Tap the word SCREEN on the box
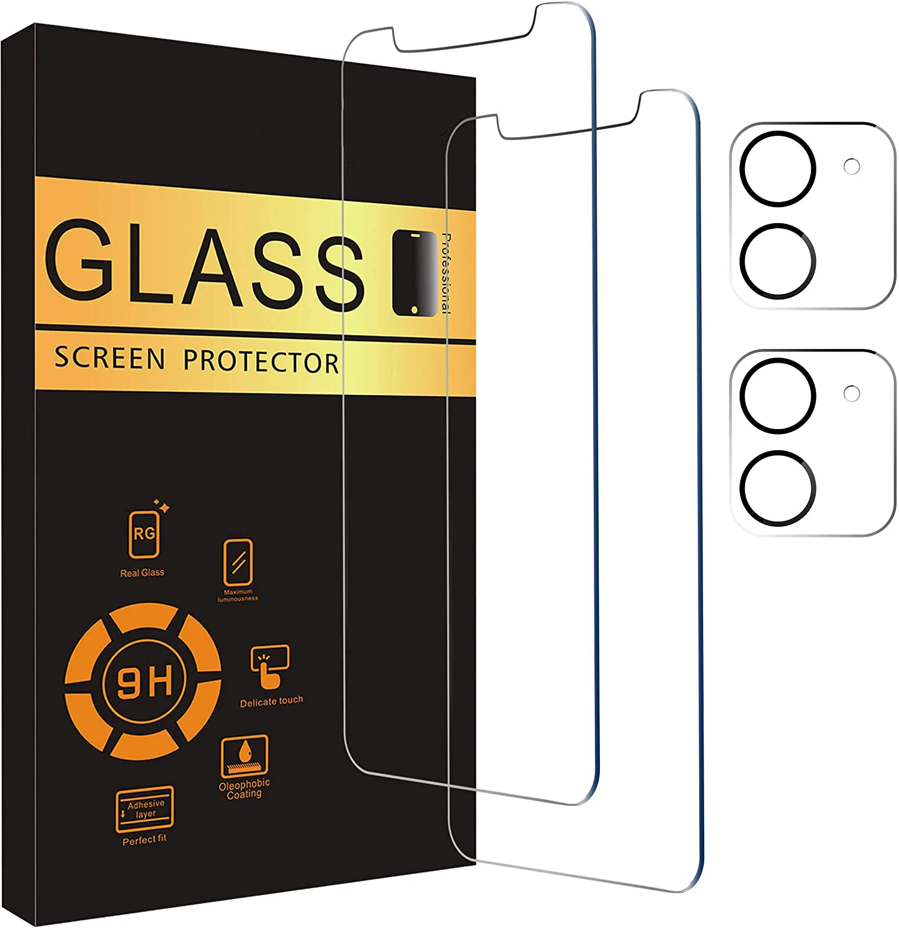pos(110,358)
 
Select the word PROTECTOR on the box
pos(261,361)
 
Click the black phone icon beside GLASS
pos(414,273)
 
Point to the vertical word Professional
pos(446,273)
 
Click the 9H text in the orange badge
pos(144,681)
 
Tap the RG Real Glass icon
pos(144,534)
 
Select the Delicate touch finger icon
pos(270,666)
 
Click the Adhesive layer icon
pos(145,809)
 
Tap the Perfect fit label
pos(145,840)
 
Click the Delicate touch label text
pos(272,701)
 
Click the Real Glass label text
pos(142,573)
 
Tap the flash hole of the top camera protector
pos(852,166)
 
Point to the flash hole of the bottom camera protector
pos(852,393)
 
